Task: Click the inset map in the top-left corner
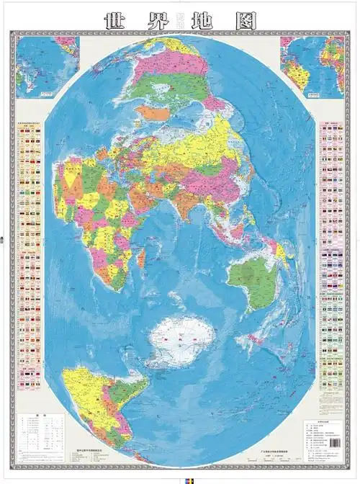click(47, 65)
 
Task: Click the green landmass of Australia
click(252, 281)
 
